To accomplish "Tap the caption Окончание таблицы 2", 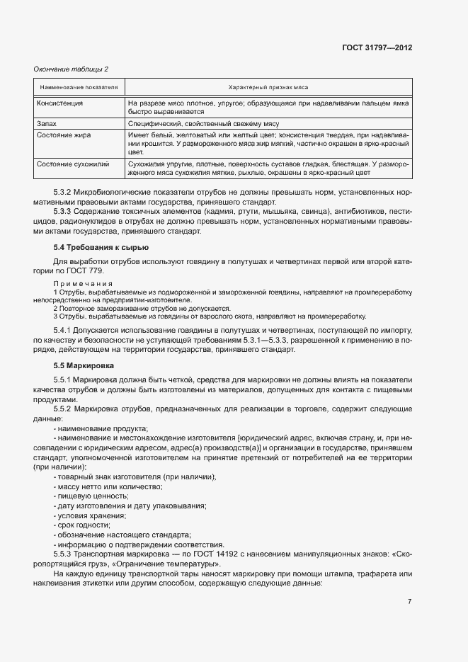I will tap(71, 69).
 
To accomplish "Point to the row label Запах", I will tap(46, 123).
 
